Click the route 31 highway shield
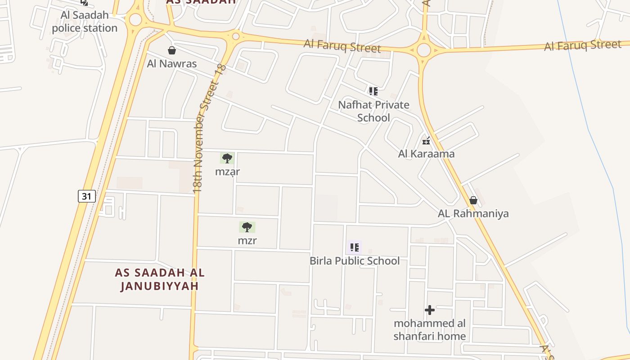coord(87,196)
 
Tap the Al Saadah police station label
coord(85,22)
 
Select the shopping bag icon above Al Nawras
coord(171,50)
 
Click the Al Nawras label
coord(172,63)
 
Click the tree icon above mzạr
coord(227,158)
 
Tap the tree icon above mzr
coord(247,227)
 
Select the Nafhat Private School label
coord(373,111)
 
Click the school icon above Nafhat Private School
coord(373,91)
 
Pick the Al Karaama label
coord(426,154)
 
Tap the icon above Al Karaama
coord(426,141)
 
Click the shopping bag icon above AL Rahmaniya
coord(473,200)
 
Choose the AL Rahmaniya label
coord(473,213)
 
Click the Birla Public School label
coord(355,261)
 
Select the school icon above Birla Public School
coord(355,247)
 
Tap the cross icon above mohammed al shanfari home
coord(430,310)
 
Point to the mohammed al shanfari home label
coord(430,330)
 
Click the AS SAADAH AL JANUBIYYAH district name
coord(160,279)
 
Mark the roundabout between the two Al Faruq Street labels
coord(423,50)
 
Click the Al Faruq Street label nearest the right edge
coord(582,45)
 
